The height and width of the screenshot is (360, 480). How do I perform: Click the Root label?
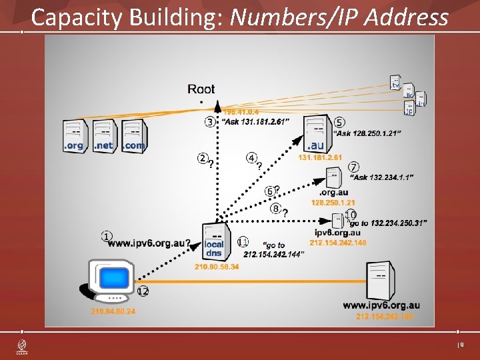201,89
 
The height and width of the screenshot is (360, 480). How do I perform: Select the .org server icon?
75,135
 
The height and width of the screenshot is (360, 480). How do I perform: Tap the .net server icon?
104,135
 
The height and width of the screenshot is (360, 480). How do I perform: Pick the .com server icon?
133,135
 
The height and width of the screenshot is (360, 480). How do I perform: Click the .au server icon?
316,133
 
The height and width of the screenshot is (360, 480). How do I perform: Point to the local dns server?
215,241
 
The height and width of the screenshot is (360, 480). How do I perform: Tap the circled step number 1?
107,235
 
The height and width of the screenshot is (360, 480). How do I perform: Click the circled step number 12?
143,291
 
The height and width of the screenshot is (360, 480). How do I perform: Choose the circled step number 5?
339,123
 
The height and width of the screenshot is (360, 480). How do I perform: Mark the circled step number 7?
353,166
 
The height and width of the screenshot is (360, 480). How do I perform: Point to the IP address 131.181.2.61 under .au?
320,158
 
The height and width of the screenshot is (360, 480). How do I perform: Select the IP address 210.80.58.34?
217,267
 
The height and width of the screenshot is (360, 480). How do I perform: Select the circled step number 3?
210,122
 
